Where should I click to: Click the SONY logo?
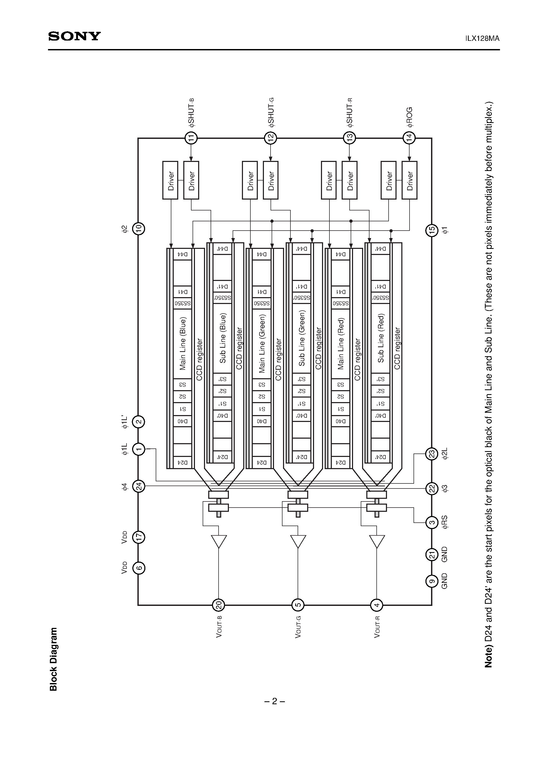tap(74, 36)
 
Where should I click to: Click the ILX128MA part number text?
tap(482, 38)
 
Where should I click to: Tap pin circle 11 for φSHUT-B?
tap(191, 138)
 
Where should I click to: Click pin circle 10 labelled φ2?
tap(138, 228)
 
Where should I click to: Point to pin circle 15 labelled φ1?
tap(432, 230)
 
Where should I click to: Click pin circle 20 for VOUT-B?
tap(218, 605)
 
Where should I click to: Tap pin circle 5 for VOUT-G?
tap(298, 605)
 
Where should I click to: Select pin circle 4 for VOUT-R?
tap(377, 605)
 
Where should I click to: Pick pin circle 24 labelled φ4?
tap(138, 486)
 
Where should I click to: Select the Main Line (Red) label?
tap(341, 343)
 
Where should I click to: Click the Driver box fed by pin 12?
tap(271, 180)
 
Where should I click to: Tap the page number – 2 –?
tap(274, 701)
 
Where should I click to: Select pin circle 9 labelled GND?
tap(432, 581)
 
